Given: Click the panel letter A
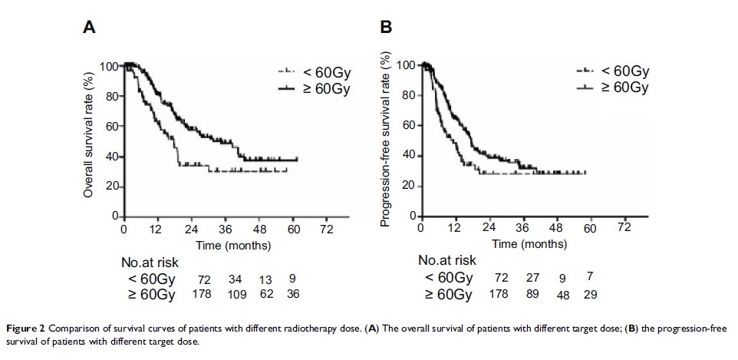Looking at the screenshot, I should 89,28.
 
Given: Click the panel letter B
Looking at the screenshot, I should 387,28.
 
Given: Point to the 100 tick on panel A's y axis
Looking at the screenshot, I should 110,66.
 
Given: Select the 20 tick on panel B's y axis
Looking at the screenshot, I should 408,185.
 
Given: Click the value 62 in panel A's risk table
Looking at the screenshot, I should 265,294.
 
